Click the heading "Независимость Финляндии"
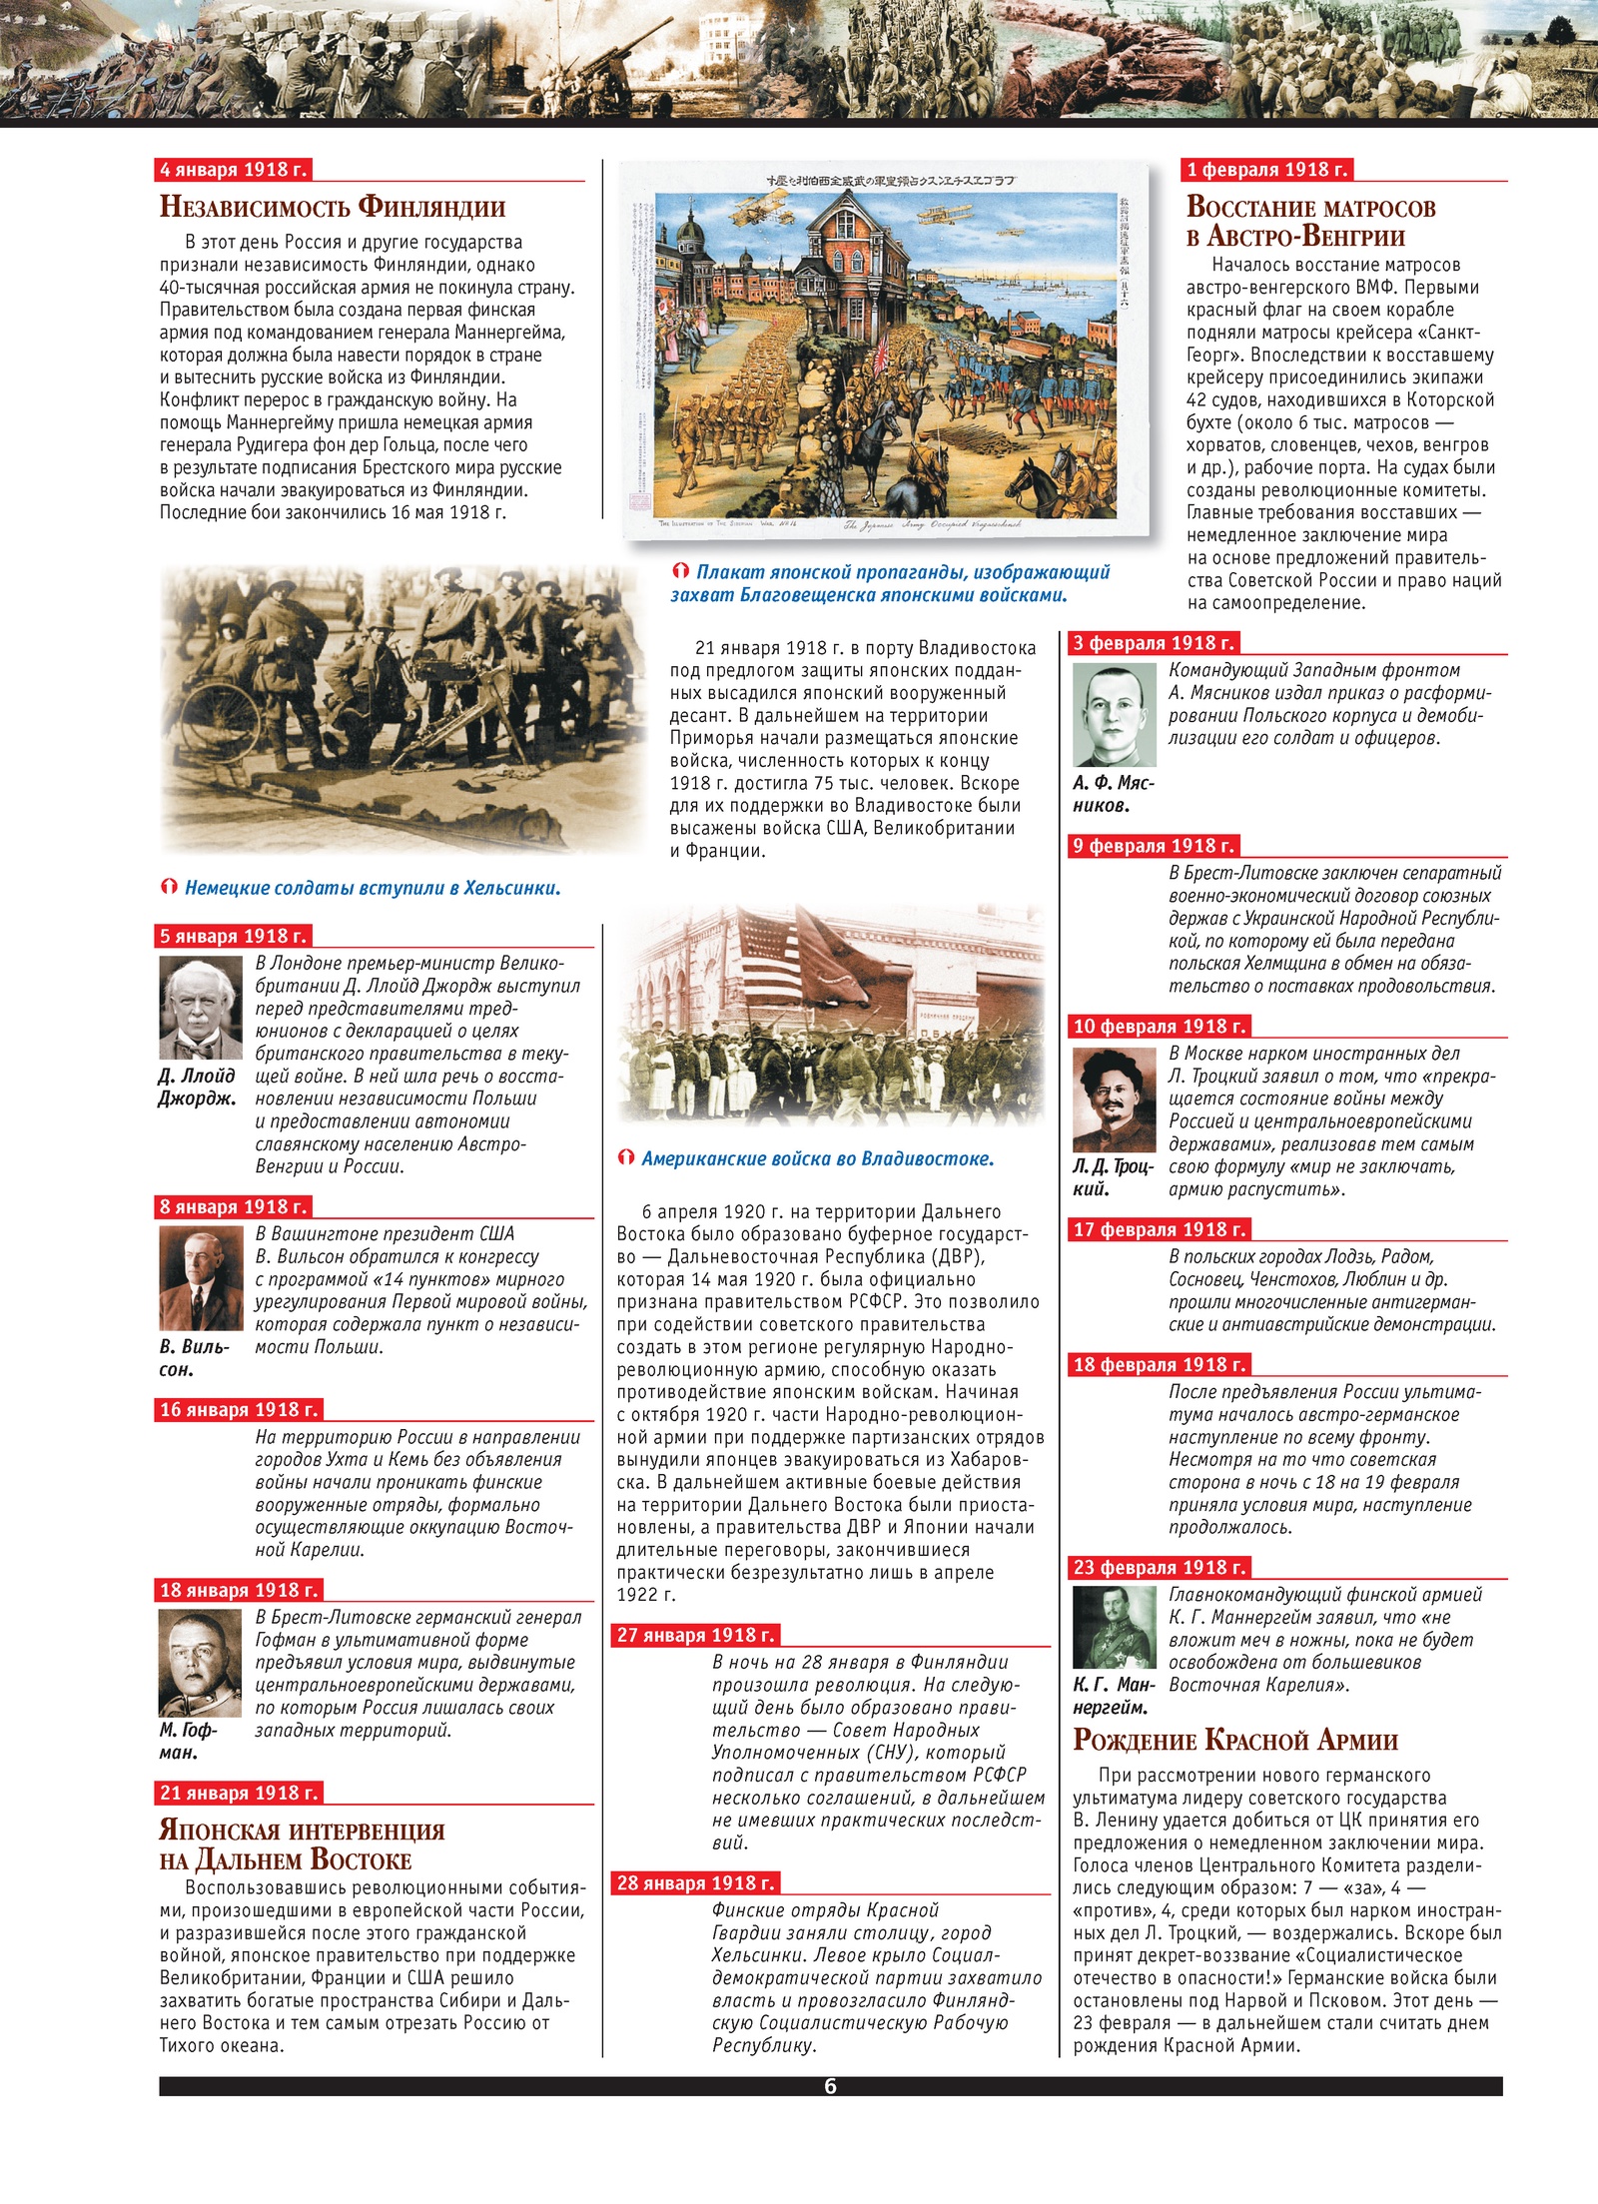[333, 207]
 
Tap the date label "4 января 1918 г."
[234, 170]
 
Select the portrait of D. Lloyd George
[201, 1008]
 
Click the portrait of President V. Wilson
[201, 1277]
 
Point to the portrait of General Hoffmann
[200, 1663]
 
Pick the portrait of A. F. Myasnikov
[1114, 715]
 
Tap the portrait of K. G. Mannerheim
[1114, 1627]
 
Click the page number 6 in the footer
[830, 2085]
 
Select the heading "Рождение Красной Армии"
[1235, 1740]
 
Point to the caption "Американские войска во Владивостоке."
[817, 1158]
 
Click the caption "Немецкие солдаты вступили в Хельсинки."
[372, 888]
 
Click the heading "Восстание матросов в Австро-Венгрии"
[1310, 221]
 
